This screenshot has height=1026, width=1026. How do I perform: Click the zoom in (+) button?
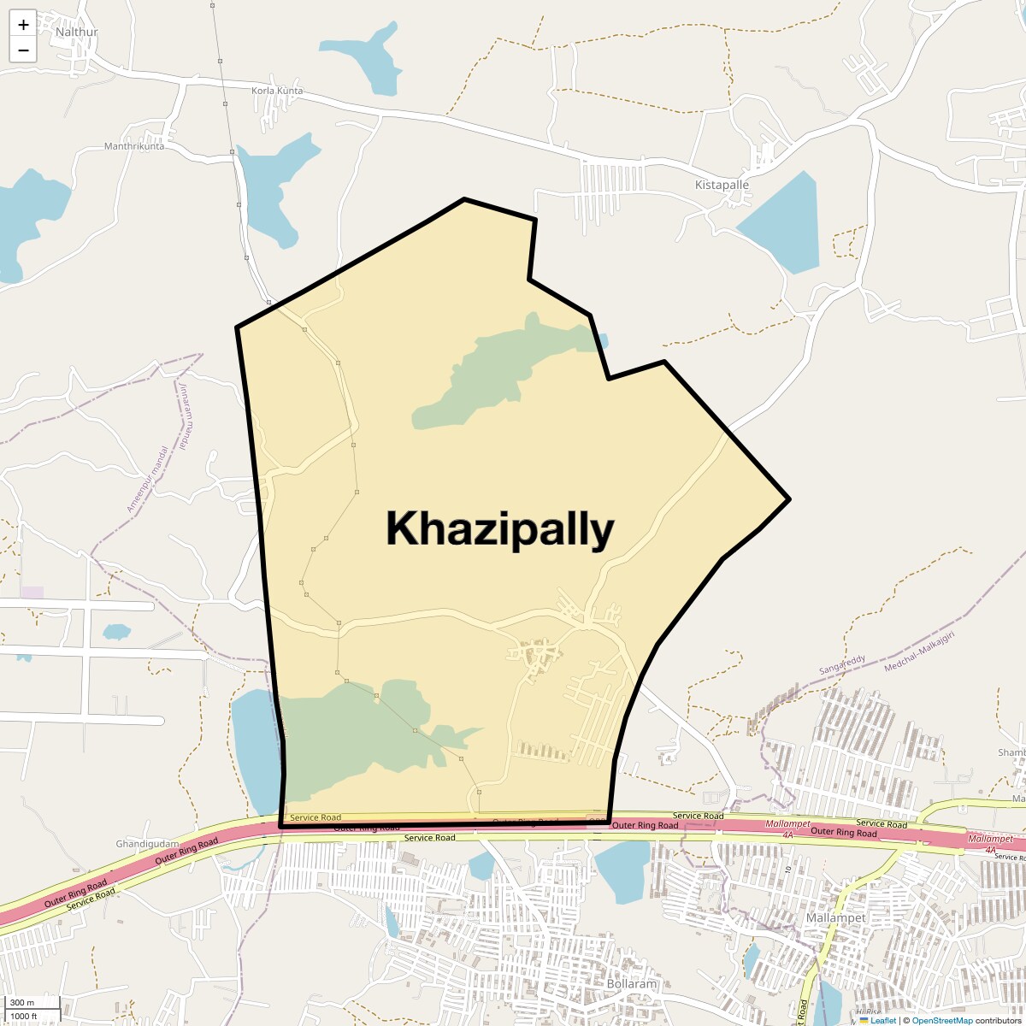tap(23, 25)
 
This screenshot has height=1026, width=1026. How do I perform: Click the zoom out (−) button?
tap(23, 50)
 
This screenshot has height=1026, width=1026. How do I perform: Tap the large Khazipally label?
tap(500, 529)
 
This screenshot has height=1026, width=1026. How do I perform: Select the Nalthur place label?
tap(77, 32)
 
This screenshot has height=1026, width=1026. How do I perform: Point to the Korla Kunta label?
tap(277, 91)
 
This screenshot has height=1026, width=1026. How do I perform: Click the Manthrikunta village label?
tap(134, 146)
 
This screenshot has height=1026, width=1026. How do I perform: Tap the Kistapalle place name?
tap(722, 185)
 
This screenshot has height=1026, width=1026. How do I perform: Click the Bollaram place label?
tap(632, 983)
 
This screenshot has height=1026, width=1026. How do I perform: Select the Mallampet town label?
tap(836, 917)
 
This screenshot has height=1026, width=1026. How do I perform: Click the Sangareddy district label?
tap(842, 665)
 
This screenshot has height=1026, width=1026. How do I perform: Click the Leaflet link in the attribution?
tap(883, 1020)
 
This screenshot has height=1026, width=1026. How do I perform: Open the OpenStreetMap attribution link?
tap(942, 1020)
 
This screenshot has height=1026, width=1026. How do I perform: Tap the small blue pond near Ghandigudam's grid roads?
tap(116, 632)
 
